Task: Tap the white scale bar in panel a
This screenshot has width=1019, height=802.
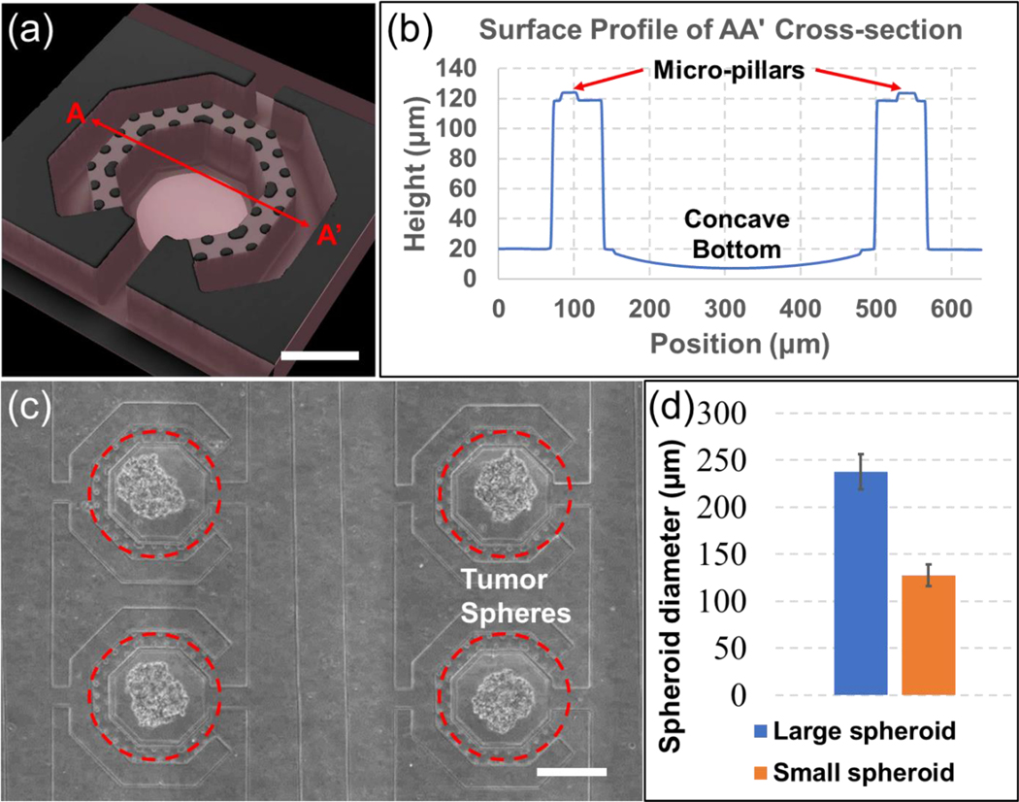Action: (x=319, y=355)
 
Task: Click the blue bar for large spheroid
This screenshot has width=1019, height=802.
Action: (x=861, y=583)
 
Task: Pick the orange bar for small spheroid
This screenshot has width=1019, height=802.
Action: (x=929, y=635)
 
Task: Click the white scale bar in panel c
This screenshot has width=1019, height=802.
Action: (x=573, y=772)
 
